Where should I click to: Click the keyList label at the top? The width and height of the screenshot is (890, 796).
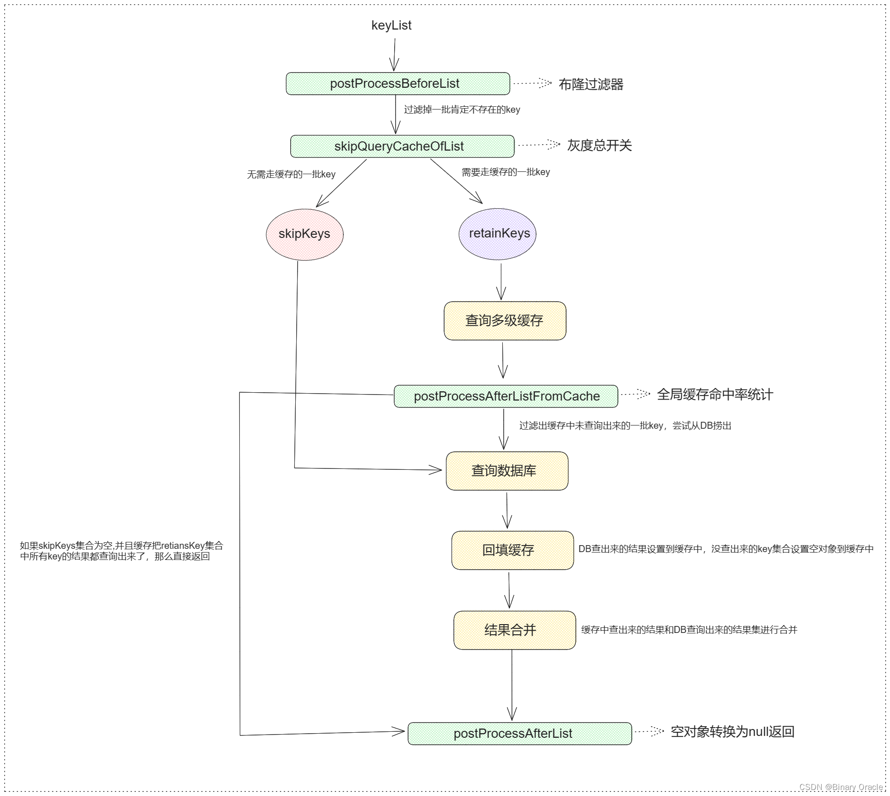pos(391,25)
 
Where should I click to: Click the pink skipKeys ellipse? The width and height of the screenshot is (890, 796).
pos(305,234)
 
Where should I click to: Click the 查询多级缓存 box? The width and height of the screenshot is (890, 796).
pos(505,321)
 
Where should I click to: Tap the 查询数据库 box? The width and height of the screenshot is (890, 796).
pos(506,471)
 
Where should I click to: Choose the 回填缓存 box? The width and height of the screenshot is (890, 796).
pos(512,550)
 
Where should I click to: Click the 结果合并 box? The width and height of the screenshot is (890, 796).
pos(514,630)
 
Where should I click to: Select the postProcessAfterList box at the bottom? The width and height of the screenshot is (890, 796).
pos(519,734)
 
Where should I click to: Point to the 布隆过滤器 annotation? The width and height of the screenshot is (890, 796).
pos(591,85)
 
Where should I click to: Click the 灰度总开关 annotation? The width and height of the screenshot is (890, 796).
pos(599,146)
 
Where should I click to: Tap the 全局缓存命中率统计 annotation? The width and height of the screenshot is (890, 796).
pos(714,395)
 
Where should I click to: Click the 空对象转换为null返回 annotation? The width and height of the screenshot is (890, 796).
pos(732,732)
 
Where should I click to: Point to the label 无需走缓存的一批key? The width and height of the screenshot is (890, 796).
pos(291,174)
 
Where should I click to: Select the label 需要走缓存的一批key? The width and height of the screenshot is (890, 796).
pos(506,172)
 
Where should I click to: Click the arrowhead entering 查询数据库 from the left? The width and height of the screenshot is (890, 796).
pos(435,470)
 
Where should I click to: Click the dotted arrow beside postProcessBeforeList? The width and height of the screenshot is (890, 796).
pos(532,83)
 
